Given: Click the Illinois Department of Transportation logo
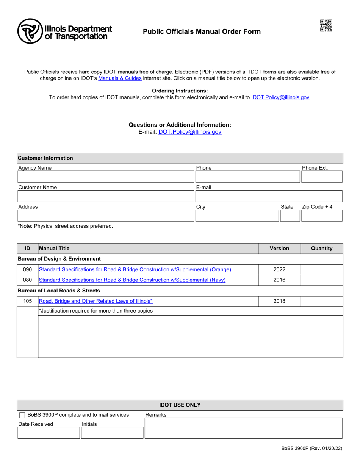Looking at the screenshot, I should tap(64, 31).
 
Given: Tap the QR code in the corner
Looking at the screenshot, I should tap(326, 26).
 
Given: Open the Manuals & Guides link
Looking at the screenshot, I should tap(120, 78).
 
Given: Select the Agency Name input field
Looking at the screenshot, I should tap(105, 177).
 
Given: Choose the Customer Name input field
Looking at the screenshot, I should tap(105, 196).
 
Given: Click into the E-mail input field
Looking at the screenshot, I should tap(268, 196).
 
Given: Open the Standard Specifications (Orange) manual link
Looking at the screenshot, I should tap(135, 270).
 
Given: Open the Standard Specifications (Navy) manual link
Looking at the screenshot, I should tap(132, 280).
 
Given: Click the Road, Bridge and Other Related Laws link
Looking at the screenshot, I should tap(95, 301).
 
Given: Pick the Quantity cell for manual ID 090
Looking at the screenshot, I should tap(321, 270).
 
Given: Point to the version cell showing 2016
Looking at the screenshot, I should tap(279, 280).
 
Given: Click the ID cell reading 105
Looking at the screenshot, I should tap(28, 301).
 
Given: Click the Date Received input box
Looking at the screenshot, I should tap(49, 433).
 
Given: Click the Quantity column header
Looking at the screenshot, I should tap(321, 249).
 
